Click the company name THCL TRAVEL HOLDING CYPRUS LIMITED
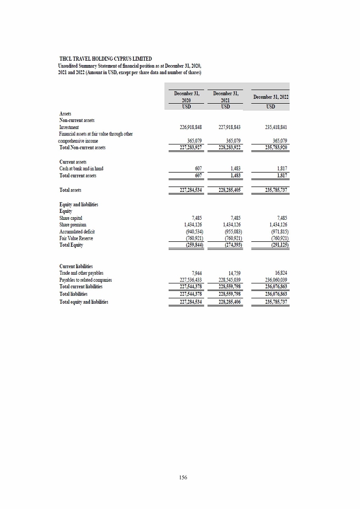pyautogui.click(x=105, y=58)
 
